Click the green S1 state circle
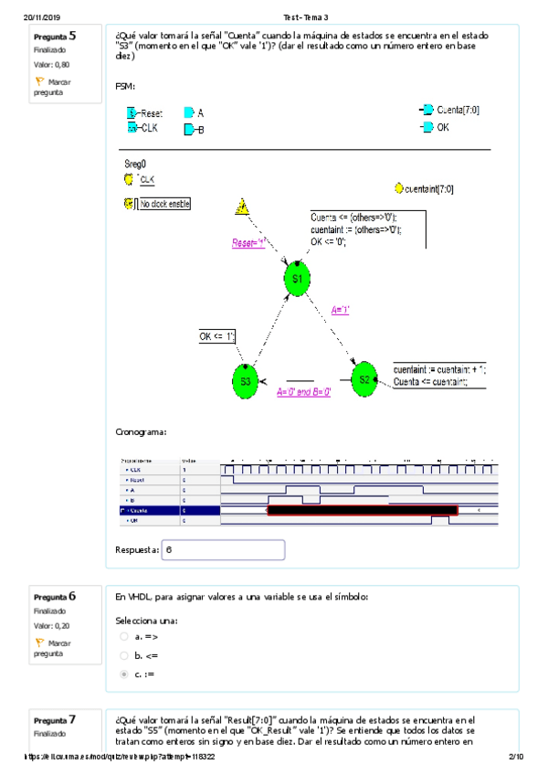click(x=296, y=278)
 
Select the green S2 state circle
click(x=364, y=377)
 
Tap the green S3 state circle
click(x=246, y=381)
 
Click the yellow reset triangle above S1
click(x=242, y=207)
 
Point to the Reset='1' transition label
click(x=248, y=243)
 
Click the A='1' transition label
click(x=341, y=310)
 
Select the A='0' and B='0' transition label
click(x=303, y=391)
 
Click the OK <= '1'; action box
click(x=218, y=336)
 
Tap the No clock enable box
click(x=164, y=204)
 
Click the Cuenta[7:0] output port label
click(x=458, y=111)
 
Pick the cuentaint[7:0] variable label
click(x=428, y=188)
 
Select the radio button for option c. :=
click(x=124, y=674)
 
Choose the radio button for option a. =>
click(x=124, y=636)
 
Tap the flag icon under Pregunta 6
click(x=39, y=642)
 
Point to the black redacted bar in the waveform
click(x=362, y=510)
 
